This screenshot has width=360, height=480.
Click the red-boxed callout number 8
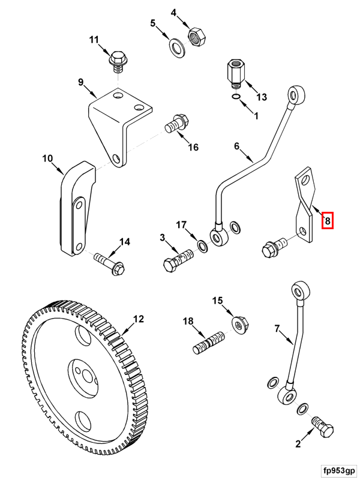(x=327, y=221)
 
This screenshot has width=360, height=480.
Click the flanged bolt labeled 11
(x=117, y=60)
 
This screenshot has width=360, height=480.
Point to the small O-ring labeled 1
(x=237, y=98)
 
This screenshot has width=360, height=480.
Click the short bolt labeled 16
(x=174, y=125)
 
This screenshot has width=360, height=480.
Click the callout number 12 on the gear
(x=139, y=319)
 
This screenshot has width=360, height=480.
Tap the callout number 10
(x=48, y=159)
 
